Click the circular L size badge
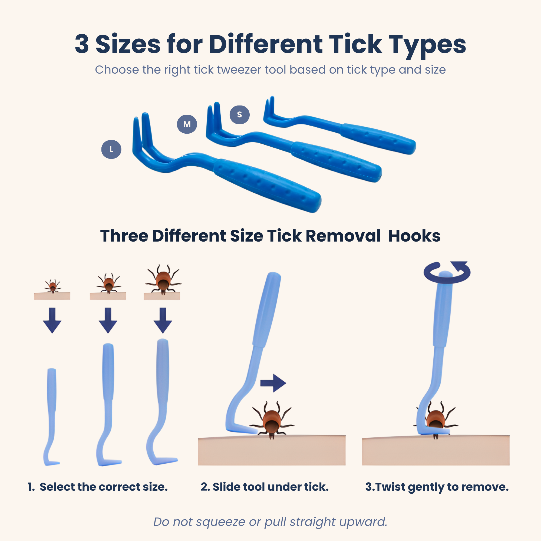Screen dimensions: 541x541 pyautogui.click(x=111, y=149)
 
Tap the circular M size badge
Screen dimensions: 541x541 pyautogui.click(x=187, y=124)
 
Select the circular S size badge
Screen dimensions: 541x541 pyautogui.click(x=239, y=114)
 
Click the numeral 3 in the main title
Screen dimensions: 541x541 pyautogui.click(x=82, y=44)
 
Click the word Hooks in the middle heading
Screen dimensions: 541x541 pyautogui.click(x=414, y=236)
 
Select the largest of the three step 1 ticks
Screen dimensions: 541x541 pyautogui.click(x=163, y=280)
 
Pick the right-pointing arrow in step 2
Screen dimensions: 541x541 pyautogui.click(x=273, y=383)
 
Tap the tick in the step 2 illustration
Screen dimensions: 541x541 pyautogui.click(x=272, y=419)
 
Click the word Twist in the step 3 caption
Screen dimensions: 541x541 pyautogui.click(x=390, y=487)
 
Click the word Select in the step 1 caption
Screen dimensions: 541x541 pyautogui.click(x=57, y=487)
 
